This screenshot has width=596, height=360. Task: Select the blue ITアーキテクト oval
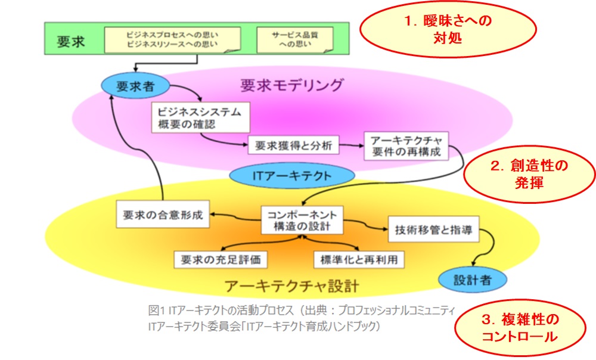point(291,176)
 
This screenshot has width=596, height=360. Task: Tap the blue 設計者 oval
point(471,278)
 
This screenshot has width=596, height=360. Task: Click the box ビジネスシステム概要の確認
point(198,118)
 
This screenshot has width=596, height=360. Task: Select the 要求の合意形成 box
point(163,216)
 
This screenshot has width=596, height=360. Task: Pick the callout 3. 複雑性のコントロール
point(519,328)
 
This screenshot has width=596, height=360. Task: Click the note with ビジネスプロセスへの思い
point(172,39)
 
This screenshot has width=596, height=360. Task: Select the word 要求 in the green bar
point(71,41)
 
